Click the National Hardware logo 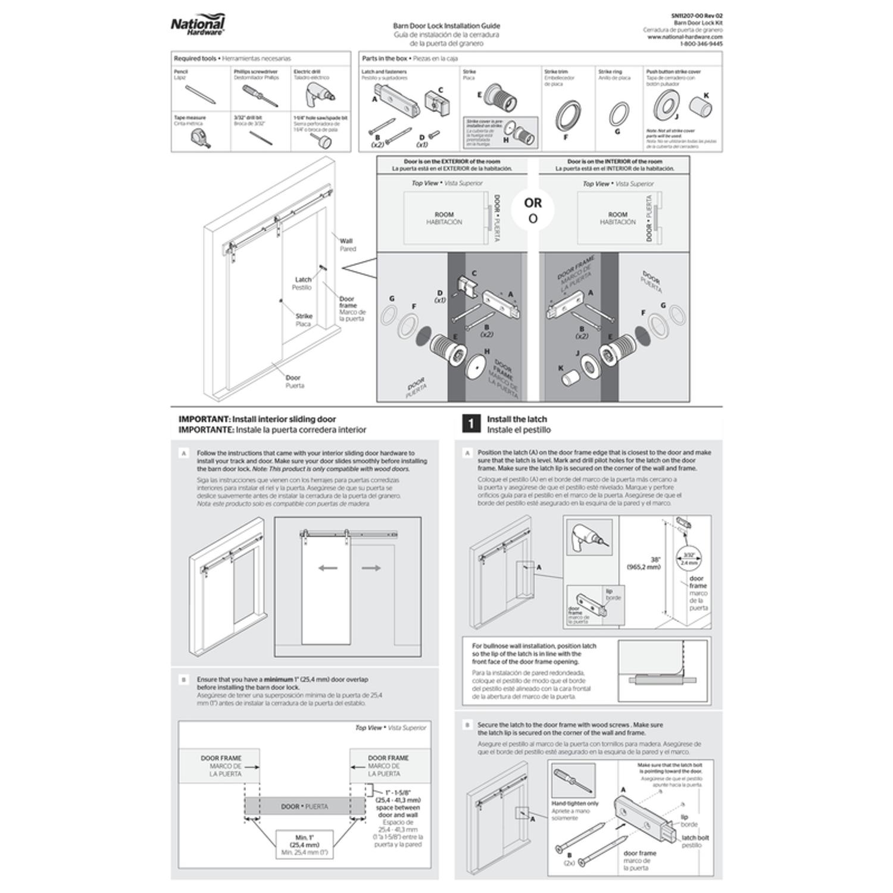coord(198,27)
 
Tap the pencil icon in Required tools coord(196,95)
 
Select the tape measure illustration coord(200,138)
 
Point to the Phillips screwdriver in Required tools coord(259,95)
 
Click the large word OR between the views coord(533,203)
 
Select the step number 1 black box coord(471,424)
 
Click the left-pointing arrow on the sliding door coord(328,568)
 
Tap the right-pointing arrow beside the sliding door coord(371,568)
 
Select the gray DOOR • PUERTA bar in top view coord(305,807)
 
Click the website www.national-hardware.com coord(685,37)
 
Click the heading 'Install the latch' coord(516,419)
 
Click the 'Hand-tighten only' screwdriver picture coord(573,781)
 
